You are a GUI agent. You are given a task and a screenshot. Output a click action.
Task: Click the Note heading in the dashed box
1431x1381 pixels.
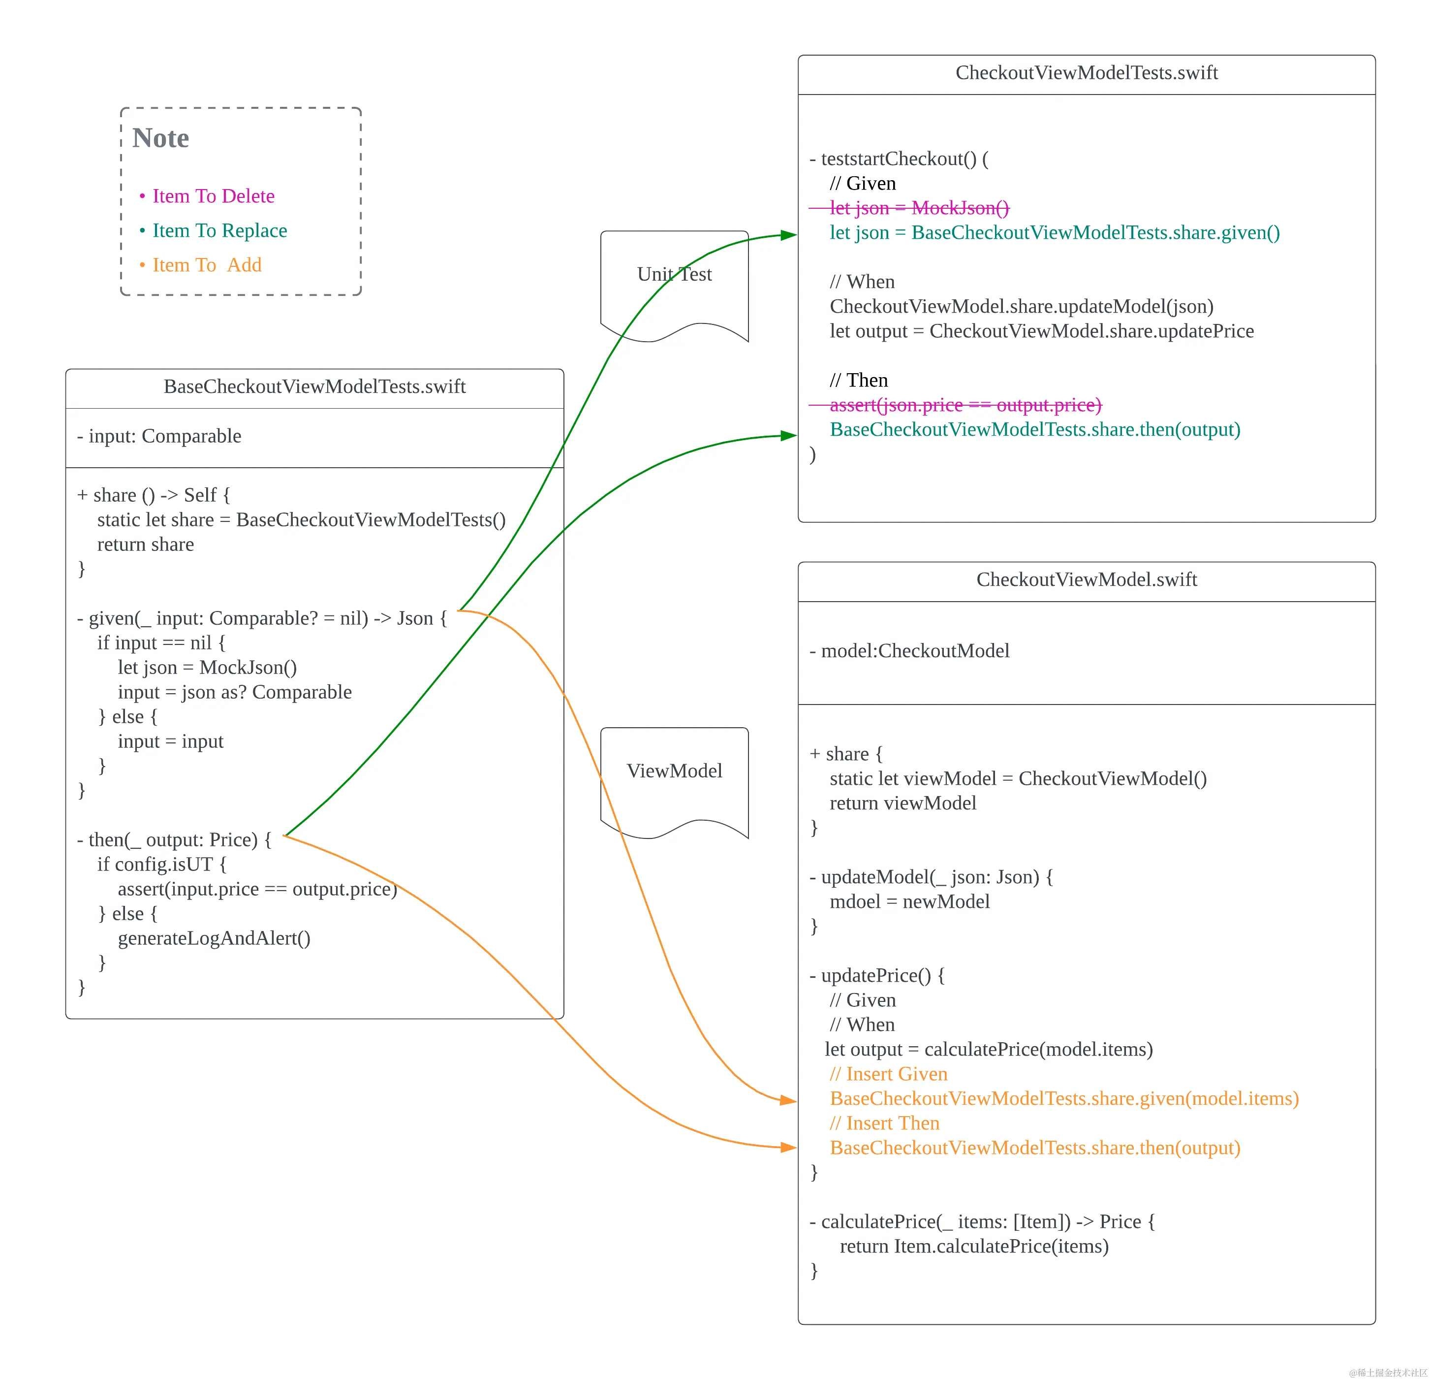point(160,138)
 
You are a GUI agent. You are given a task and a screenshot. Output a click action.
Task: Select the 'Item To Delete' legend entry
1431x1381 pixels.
point(213,196)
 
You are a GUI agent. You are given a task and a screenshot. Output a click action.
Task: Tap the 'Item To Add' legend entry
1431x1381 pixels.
point(207,264)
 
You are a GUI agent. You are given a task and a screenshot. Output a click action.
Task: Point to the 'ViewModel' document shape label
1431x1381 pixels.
point(674,771)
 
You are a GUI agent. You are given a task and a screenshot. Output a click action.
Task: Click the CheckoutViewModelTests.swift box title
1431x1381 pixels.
point(1087,73)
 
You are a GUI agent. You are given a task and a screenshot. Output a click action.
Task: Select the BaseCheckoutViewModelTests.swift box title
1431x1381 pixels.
point(314,386)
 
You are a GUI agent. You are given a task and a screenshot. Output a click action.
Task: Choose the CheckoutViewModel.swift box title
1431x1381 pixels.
point(1087,580)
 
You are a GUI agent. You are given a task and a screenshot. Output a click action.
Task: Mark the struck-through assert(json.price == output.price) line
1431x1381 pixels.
point(965,405)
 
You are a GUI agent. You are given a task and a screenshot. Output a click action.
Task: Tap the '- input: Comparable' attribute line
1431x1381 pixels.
point(159,436)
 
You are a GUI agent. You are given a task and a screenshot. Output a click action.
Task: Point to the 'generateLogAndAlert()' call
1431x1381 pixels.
point(214,938)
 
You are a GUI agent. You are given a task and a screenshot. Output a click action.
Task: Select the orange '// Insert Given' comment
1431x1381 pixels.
point(889,1074)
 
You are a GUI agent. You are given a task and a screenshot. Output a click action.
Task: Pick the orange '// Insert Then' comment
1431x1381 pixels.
point(884,1123)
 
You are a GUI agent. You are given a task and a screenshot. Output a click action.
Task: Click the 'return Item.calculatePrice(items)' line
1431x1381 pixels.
point(974,1247)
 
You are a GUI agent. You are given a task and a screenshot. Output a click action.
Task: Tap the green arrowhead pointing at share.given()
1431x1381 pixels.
point(788,235)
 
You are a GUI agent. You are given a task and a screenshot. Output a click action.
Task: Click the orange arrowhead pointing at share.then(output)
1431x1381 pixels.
point(788,1147)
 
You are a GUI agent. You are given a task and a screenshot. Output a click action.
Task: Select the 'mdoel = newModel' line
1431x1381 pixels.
point(910,902)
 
